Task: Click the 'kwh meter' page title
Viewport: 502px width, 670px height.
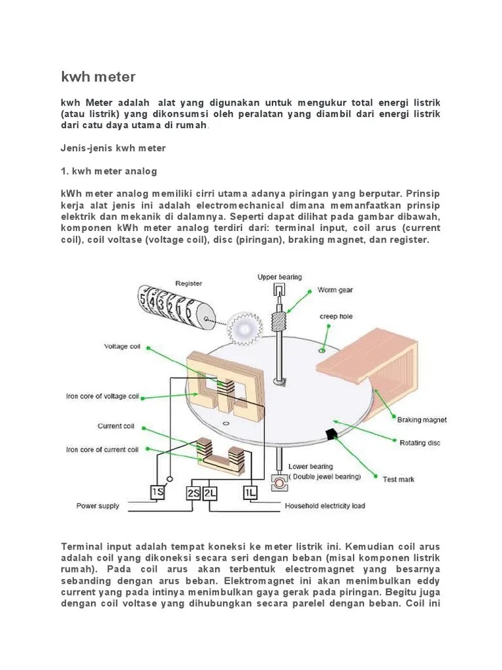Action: (98, 77)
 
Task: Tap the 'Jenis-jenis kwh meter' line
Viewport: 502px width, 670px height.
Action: (113, 149)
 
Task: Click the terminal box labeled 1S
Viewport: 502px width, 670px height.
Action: (158, 492)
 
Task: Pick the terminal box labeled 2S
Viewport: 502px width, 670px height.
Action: (194, 492)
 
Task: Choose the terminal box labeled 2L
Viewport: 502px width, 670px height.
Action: (210, 492)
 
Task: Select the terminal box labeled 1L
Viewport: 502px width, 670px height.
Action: (252, 492)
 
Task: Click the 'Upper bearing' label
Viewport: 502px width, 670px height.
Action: (280, 277)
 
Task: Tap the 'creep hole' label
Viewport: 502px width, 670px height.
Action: (336, 317)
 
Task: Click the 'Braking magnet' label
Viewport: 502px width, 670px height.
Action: (422, 419)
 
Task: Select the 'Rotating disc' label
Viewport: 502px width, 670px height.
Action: (420, 443)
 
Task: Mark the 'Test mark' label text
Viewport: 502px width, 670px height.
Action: (398, 480)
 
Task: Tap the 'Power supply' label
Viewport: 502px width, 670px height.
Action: (98, 506)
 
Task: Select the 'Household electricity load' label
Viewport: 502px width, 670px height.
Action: (324, 506)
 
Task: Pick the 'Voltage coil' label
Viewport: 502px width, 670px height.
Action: (122, 347)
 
